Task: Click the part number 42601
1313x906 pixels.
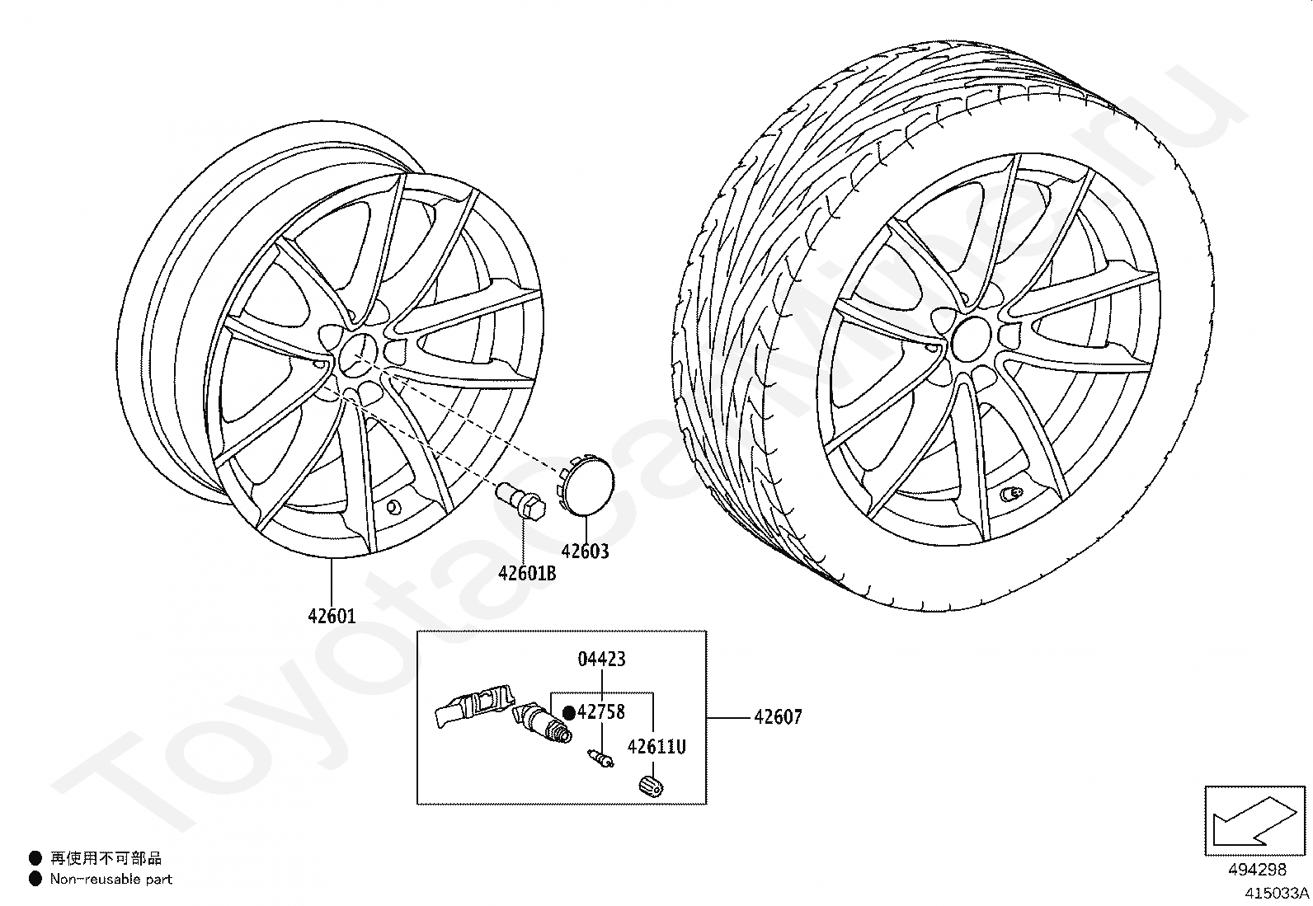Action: tap(332, 616)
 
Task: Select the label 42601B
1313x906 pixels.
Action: tap(527, 573)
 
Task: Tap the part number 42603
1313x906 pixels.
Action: tap(585, 552)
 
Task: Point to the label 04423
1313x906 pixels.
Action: tap(601, 659)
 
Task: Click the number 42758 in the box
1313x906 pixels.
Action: tap(601, 712)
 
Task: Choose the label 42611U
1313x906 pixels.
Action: tap(656, 747)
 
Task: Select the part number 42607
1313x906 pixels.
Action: tap(778, 717)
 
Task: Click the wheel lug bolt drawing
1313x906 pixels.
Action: tap(520, 500)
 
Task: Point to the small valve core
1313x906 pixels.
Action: tap(600, 758)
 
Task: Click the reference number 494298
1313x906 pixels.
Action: tap(1257, 869)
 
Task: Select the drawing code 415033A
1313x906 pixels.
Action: tap(1277, 893)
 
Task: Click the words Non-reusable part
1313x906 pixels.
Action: tap(111, 880)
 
